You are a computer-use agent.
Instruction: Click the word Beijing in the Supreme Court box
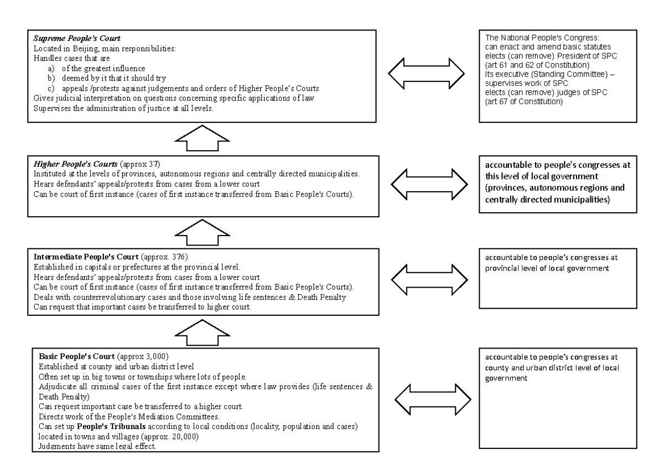80,49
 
